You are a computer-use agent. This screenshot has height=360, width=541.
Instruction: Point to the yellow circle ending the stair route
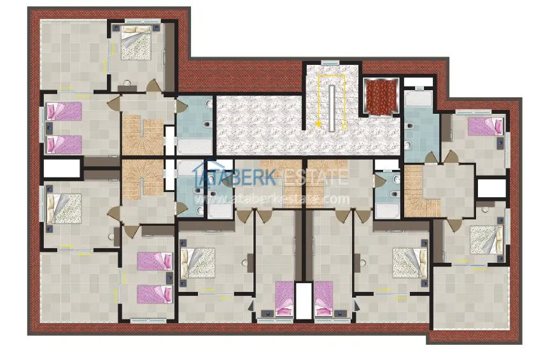[345, 125]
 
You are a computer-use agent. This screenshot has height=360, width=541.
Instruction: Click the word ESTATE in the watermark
[315, 177]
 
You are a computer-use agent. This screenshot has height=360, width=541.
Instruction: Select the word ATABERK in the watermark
[235, 177]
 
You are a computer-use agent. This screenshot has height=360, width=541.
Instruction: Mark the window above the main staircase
[330, 62]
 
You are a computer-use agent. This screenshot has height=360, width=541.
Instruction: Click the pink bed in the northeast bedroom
[485, 126]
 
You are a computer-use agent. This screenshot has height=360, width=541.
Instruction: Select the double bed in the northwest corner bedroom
[135, 45]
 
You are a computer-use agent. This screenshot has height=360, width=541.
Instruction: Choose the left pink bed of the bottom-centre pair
[284, 298]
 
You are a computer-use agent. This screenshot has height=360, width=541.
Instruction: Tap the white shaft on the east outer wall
[491, 188]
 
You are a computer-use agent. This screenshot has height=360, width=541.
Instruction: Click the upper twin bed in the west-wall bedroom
[64, 112]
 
